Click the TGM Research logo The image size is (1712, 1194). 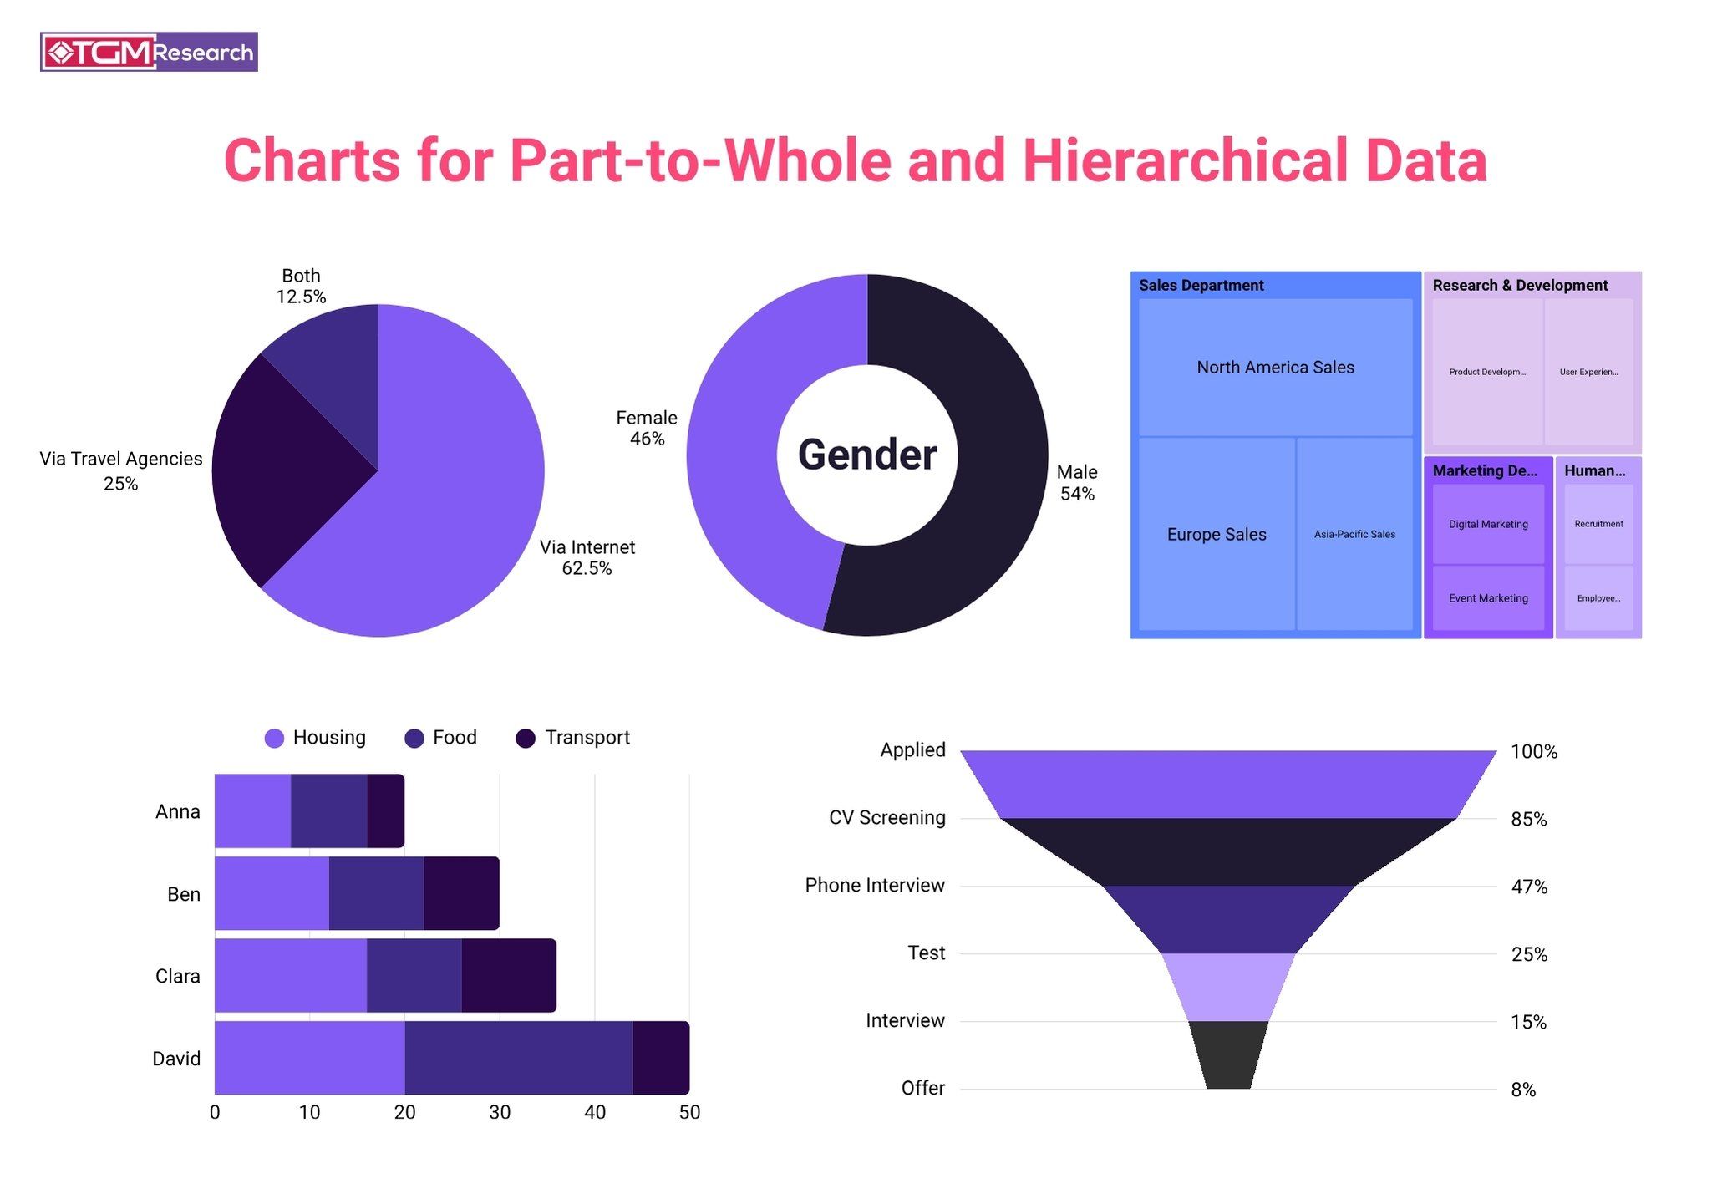point(149,52)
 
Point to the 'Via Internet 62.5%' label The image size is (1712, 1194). point(587,557)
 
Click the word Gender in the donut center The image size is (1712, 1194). point(866,455)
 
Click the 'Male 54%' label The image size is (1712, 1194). point(1076,483)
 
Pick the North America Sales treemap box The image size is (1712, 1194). point(1274,368)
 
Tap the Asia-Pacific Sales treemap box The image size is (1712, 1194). point(1354,534)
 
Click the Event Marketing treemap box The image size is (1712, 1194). point(1487,598)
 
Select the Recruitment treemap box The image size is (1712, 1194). point(1598,524)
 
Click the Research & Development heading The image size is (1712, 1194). point(1519,285)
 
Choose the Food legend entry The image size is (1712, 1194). point(440,738)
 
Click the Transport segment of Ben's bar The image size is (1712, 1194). point(461,893)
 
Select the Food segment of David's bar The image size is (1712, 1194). point(518,1058)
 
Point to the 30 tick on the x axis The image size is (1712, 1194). point(500,1112)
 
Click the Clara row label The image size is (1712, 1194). point(177,976)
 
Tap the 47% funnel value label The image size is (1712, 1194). point(1528,887)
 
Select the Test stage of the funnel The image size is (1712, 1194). point(1227,987)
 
